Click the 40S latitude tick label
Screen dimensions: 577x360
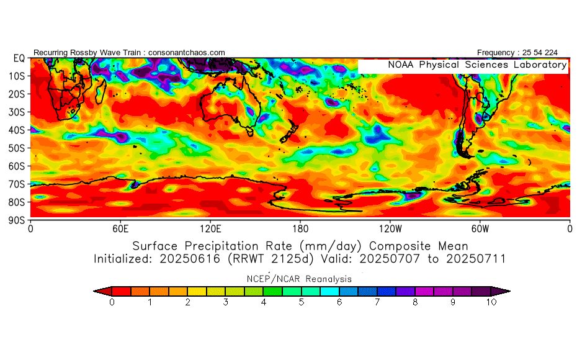click(x=17, y=130)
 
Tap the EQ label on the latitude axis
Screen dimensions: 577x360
click(x=19, y=58)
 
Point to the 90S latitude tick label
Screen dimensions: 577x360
click(x=17, y=220)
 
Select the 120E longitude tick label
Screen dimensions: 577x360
click(x=210, y=229)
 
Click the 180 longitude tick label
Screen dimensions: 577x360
click(x=300, y=229)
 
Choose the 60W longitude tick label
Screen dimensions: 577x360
click(x=480, y=229)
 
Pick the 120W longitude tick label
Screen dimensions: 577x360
click(x=390, y=229)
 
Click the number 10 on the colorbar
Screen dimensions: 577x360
click(x=491, y=302)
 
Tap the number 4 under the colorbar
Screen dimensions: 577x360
click(x=264, y=302)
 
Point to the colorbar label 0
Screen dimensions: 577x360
click(x=112, y=302)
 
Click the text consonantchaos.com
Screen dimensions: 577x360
click(x=187, y=53)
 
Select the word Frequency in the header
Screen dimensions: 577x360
click(x=496, y=53)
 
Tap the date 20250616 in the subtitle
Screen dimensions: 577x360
click(x=190, y=259)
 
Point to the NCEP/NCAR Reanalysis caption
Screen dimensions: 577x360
click(x=299, y=279)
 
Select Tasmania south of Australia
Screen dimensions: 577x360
click(x=250, y=132)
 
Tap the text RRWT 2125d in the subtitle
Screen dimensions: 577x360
click(x=271, y=259)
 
